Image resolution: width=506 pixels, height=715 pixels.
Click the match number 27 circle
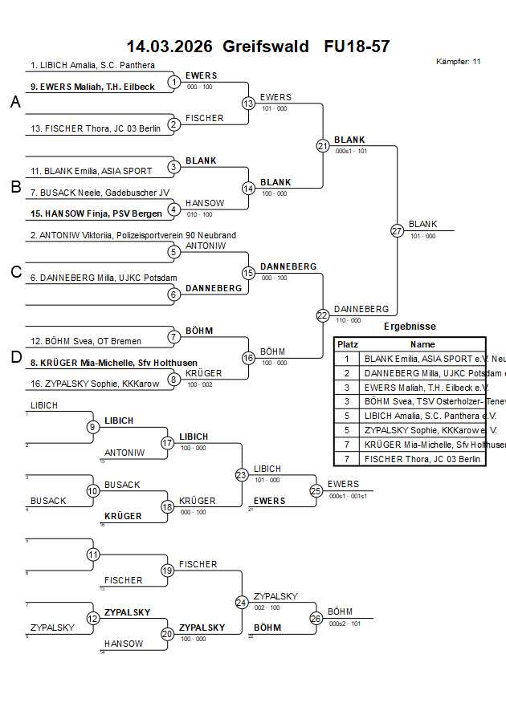pyautogui.click(x=397, y=230)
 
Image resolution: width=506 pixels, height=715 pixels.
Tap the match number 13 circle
pyautogui.click(x=248, y=104)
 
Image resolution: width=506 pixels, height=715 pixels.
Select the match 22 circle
pyautogui.click(x=323, y=315)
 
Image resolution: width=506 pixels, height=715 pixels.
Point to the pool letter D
pyautogui.click(x=14, y=357)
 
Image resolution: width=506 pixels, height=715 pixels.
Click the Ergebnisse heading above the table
pyautogui.click(x=410, y=327)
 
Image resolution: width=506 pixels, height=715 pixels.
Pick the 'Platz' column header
pyautogui.click(x=348, y=343)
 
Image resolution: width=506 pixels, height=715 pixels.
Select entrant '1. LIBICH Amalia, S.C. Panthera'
pyautogui.click(x=92, y=65)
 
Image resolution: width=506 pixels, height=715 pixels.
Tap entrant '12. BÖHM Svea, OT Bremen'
pyautogui.click(x=84, y=341)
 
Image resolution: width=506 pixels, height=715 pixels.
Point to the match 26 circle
pyautogui.click(x=316, y=618)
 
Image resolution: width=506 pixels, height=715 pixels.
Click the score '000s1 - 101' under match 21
pyautogui.click(x=351, y=151)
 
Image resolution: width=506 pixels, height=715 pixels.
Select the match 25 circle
pyautogui.click(x=316, y=490)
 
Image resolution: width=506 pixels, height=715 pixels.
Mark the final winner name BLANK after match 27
pyautogui.click(x=422, y=224)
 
